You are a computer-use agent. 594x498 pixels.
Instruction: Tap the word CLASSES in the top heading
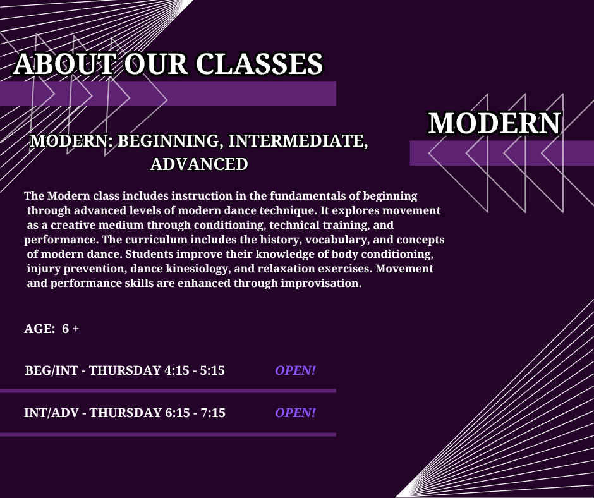point(260,64)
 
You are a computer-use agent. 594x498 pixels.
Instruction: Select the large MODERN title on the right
point(494,123)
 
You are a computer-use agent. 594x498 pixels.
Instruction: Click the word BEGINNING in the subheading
point(169,141)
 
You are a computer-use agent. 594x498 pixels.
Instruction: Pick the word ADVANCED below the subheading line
point(199,164)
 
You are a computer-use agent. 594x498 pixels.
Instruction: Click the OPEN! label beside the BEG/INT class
point(296,370)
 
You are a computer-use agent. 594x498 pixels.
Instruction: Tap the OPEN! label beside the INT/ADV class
point(296,413)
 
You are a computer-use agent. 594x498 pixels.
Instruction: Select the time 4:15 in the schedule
point(176,370)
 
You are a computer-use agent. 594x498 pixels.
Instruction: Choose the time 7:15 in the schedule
point(213,413)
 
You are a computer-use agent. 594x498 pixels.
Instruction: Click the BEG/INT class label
point(52,370)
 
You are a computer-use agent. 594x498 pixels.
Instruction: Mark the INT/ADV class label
point(52,413)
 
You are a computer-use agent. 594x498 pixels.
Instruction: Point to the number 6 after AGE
point(66,329)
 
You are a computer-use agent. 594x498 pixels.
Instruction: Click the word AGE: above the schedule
point(40,329)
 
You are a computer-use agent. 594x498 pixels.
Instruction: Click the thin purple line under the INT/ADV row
point(168,435)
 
